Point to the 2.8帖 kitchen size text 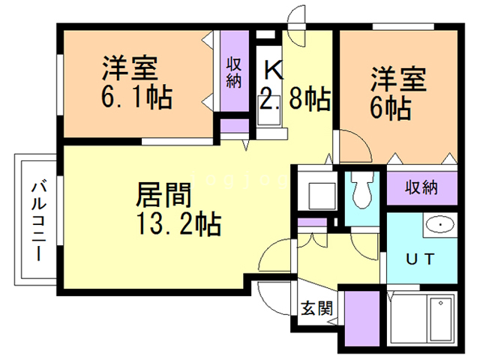[295, 100]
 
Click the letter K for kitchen [273, 72]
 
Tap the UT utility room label [420, 259]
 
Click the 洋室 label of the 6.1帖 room [130, 69]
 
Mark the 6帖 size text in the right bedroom [389, 107]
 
